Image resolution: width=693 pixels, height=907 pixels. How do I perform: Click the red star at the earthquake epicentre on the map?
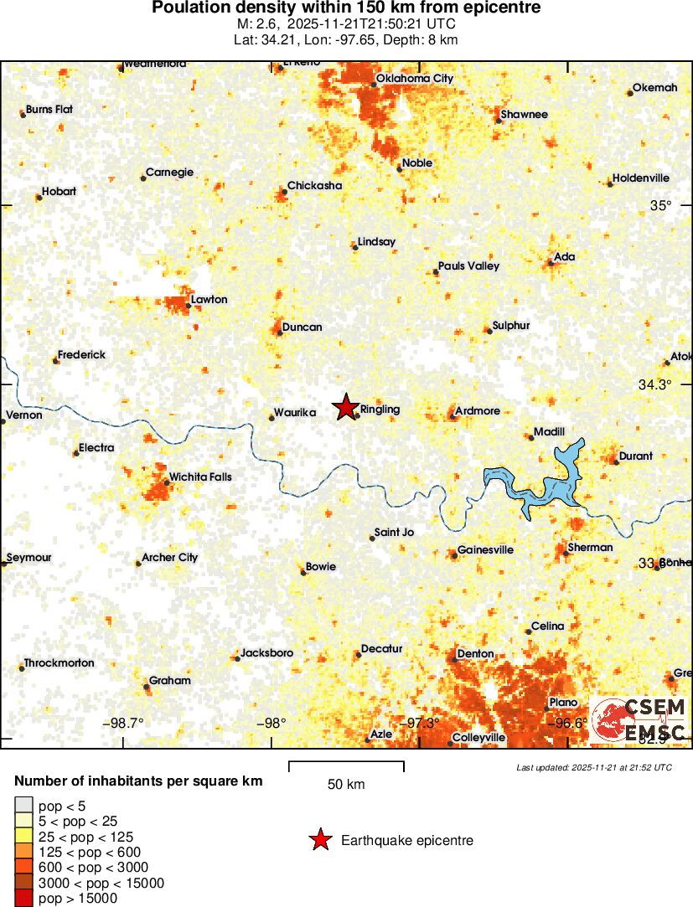344,407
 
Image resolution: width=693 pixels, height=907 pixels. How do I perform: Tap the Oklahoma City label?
414,79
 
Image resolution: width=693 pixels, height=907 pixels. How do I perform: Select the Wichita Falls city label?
200,477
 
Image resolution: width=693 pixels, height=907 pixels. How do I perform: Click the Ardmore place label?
477,411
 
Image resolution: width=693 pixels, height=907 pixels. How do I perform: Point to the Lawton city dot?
188,307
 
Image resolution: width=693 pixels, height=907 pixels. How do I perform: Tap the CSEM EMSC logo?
639,719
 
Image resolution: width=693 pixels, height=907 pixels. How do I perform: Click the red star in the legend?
320,840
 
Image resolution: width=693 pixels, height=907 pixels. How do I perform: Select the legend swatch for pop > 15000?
24,899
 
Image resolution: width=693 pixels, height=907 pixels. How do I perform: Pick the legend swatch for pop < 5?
24,806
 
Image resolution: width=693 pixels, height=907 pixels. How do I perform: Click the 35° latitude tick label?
662,206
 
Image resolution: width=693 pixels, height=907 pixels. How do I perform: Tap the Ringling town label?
380,410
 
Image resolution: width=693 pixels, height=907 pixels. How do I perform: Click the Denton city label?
475,654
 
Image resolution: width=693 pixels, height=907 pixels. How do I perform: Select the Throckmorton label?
59,663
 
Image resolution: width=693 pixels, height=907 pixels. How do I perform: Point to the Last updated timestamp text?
593,767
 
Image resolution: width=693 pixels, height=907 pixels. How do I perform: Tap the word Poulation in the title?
189,8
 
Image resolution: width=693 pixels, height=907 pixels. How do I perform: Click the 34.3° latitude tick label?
654,385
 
